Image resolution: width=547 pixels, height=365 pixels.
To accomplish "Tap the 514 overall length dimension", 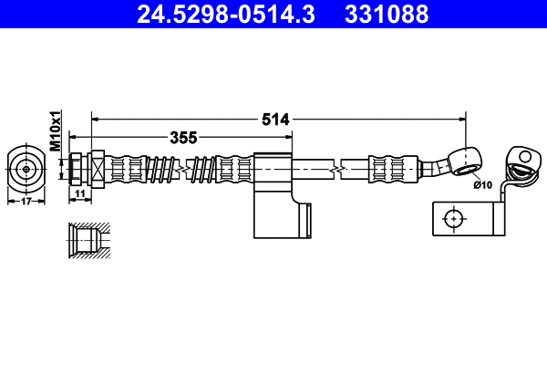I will tap(275, 119).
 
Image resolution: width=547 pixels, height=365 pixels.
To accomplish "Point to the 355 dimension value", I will tap(183, 138).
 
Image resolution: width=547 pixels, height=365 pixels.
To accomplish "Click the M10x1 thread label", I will tap(55, 130).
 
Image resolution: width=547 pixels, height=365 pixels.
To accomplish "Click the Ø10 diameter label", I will tap(482, 185).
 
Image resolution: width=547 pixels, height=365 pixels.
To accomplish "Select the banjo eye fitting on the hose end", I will tap(465, 159).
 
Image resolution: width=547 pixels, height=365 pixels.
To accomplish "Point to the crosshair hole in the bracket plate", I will tap(451, 218).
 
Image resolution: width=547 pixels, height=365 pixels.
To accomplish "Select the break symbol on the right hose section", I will tap(338, 169).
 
